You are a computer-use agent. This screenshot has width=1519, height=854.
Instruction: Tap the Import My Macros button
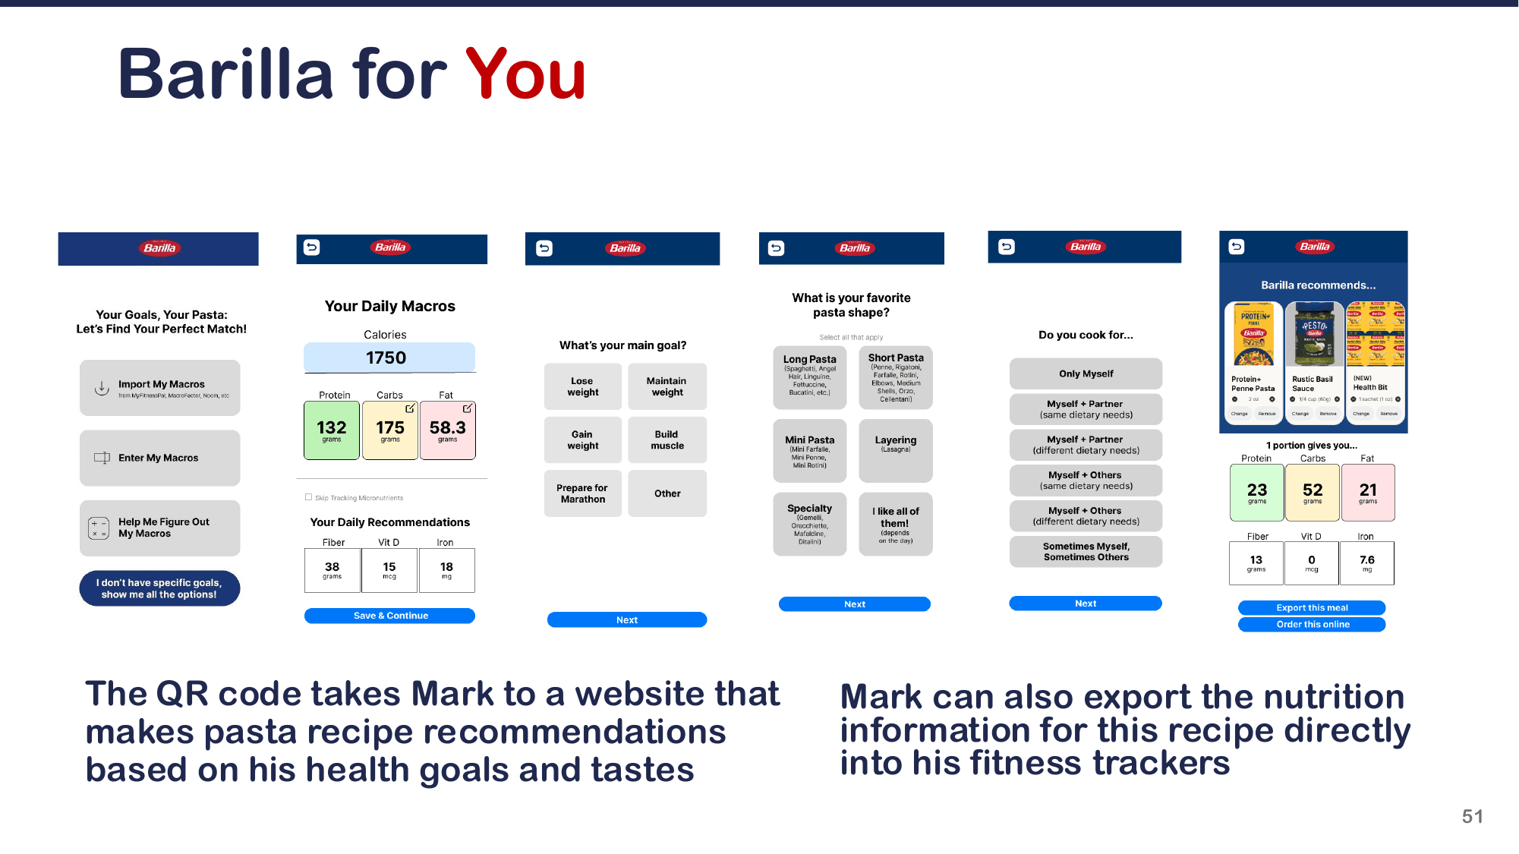pyautogui.click(x=160, y=388)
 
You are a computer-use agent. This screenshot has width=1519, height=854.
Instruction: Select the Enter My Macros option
pyautogui.click(x=160, y=458)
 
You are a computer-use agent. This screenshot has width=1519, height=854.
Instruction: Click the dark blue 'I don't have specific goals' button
pyautogui.click(x=159, y=588)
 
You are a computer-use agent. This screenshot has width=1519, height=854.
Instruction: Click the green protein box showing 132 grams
pyautogui.click(x=332, y=430)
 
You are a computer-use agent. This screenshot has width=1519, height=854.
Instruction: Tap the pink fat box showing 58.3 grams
pyautogui.click(x=448, y=430)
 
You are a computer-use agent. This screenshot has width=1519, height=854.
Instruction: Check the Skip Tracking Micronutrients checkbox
pyautogui.click(x=309, y=497)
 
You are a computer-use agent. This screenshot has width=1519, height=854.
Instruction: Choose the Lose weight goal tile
pyautogui.click(x=583, y=386)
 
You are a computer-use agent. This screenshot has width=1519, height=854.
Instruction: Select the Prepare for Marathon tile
pyautogui.click(x=583, y=493)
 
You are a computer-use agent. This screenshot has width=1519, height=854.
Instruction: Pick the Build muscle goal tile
pyautogui.click(x=667, y=440)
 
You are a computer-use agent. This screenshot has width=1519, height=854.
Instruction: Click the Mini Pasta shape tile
pyautogui.click(x=809, y=450)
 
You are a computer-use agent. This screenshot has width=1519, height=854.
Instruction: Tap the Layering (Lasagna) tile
pyautogui.click(x=896, y=450)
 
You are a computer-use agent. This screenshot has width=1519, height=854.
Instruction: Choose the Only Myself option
pyautogui.click(x=1086, y=373)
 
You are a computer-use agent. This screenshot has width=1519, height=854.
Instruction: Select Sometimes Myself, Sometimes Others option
pyautogui.click(x=1086, y=551)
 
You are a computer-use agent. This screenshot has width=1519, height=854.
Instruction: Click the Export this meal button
pyautogui.click(x=1312, y=607)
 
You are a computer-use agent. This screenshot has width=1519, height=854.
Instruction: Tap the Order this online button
pyautogui.click(x=1312, y=624)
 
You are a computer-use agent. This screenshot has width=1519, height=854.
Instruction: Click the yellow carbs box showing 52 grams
pyautogui.click(x=1313, y=493)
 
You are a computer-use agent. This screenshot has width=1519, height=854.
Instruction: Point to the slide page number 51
pyautogui.click(x=1472, y=816)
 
